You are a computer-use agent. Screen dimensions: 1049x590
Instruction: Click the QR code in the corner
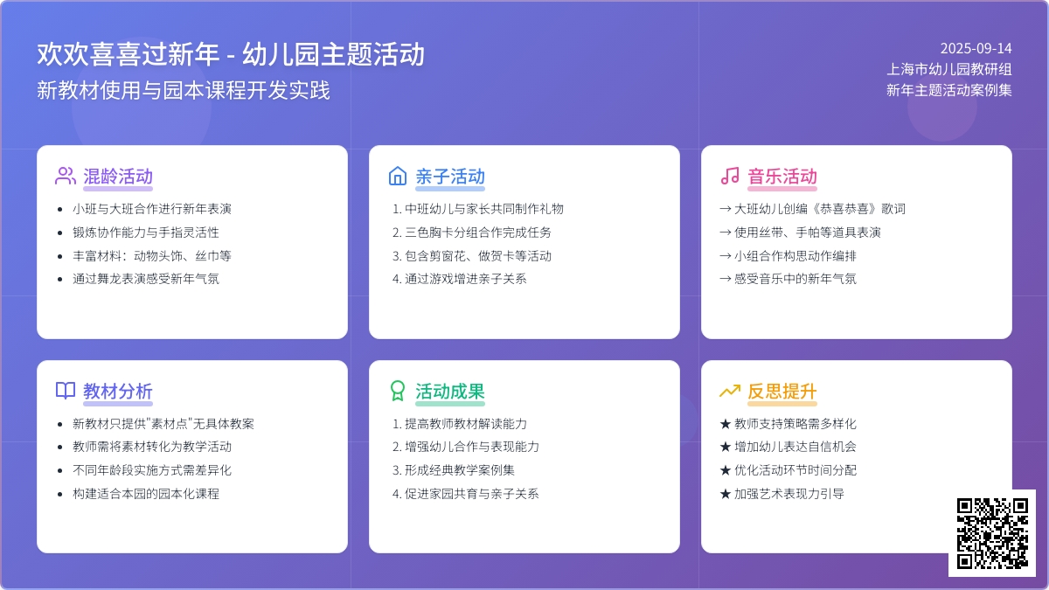pyautogui.click(x=992, y=533)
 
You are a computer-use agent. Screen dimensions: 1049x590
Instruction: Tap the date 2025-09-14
pyautogui.click(x=976, y=48)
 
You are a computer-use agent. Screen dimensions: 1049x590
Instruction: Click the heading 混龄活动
pyautogui.click(x=118, y=177)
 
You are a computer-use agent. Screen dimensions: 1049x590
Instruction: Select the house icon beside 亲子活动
pyautogui.click(x=398, y=176)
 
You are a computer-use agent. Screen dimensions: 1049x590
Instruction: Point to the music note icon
pyautogui.click(x=730, y=176)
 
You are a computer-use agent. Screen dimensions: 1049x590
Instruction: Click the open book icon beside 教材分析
pyautogui.click(x=65, y=391)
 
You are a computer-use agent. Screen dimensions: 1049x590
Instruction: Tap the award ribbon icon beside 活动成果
pyautogui.click(x=398, y=391)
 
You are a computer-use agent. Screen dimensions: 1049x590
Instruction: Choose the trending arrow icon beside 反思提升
pyautogui.click(x=730, y=391)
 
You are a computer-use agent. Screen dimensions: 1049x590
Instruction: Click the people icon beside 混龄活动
pyautogui.click(x=65, y=176)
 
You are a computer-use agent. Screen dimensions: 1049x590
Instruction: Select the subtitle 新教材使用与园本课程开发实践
pyautogui.click(x=184, y=90)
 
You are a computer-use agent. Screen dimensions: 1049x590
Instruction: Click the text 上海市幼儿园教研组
pyautogui.click(x=949, y=69)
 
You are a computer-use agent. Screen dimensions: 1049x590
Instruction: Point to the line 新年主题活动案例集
pyautogui.click(x=949, y=90)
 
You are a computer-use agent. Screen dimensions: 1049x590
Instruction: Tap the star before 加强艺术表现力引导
pyautogui.click(x=726, y=494)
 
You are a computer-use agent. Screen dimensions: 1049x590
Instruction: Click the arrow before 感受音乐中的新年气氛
pyautogui.click(x=726, y=279)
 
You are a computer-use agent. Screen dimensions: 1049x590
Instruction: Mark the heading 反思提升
pyautogui.click(x=782, y=391)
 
